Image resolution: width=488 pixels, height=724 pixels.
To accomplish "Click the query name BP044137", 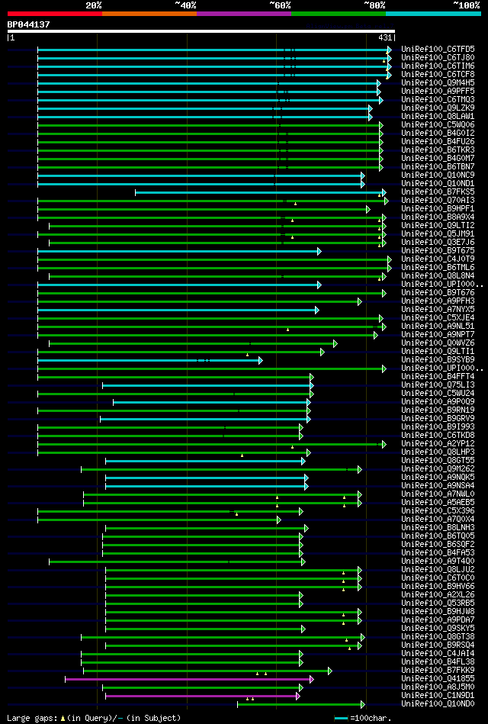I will click(x=29, y=24).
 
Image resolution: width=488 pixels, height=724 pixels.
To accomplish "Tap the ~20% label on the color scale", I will click(x=94, y=5).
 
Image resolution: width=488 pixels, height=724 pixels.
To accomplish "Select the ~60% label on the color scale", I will click(x=280, y=5).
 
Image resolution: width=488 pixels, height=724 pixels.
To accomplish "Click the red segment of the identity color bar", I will click(x=54, y=14).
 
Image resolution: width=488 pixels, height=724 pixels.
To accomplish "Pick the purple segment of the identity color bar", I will click(x=243, y=14).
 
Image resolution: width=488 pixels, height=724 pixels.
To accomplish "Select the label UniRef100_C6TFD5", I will click(x=438, y=49).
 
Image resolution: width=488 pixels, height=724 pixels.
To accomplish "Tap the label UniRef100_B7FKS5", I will click(x=438, y=191).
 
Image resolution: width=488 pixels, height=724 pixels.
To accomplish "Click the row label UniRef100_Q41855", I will click(x=438, y=678).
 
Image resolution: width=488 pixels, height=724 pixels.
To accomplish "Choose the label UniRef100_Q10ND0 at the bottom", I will click(x=438, y=704).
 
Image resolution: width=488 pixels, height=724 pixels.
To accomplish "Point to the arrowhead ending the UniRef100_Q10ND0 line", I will click(x=363, y=704).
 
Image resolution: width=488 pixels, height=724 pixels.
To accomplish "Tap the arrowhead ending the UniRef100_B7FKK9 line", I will click(x=329, y=671).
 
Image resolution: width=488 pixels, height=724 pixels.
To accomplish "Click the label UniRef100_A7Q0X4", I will click(x=438, y=519).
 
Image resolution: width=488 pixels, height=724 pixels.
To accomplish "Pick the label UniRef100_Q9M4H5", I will click(x=438, y=82).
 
